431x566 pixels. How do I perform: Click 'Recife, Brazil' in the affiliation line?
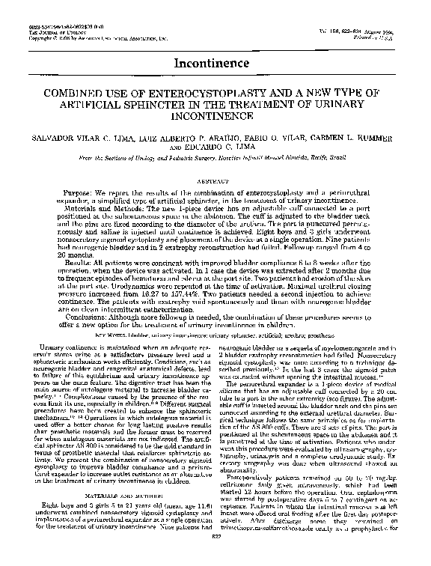pos(341,160)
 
